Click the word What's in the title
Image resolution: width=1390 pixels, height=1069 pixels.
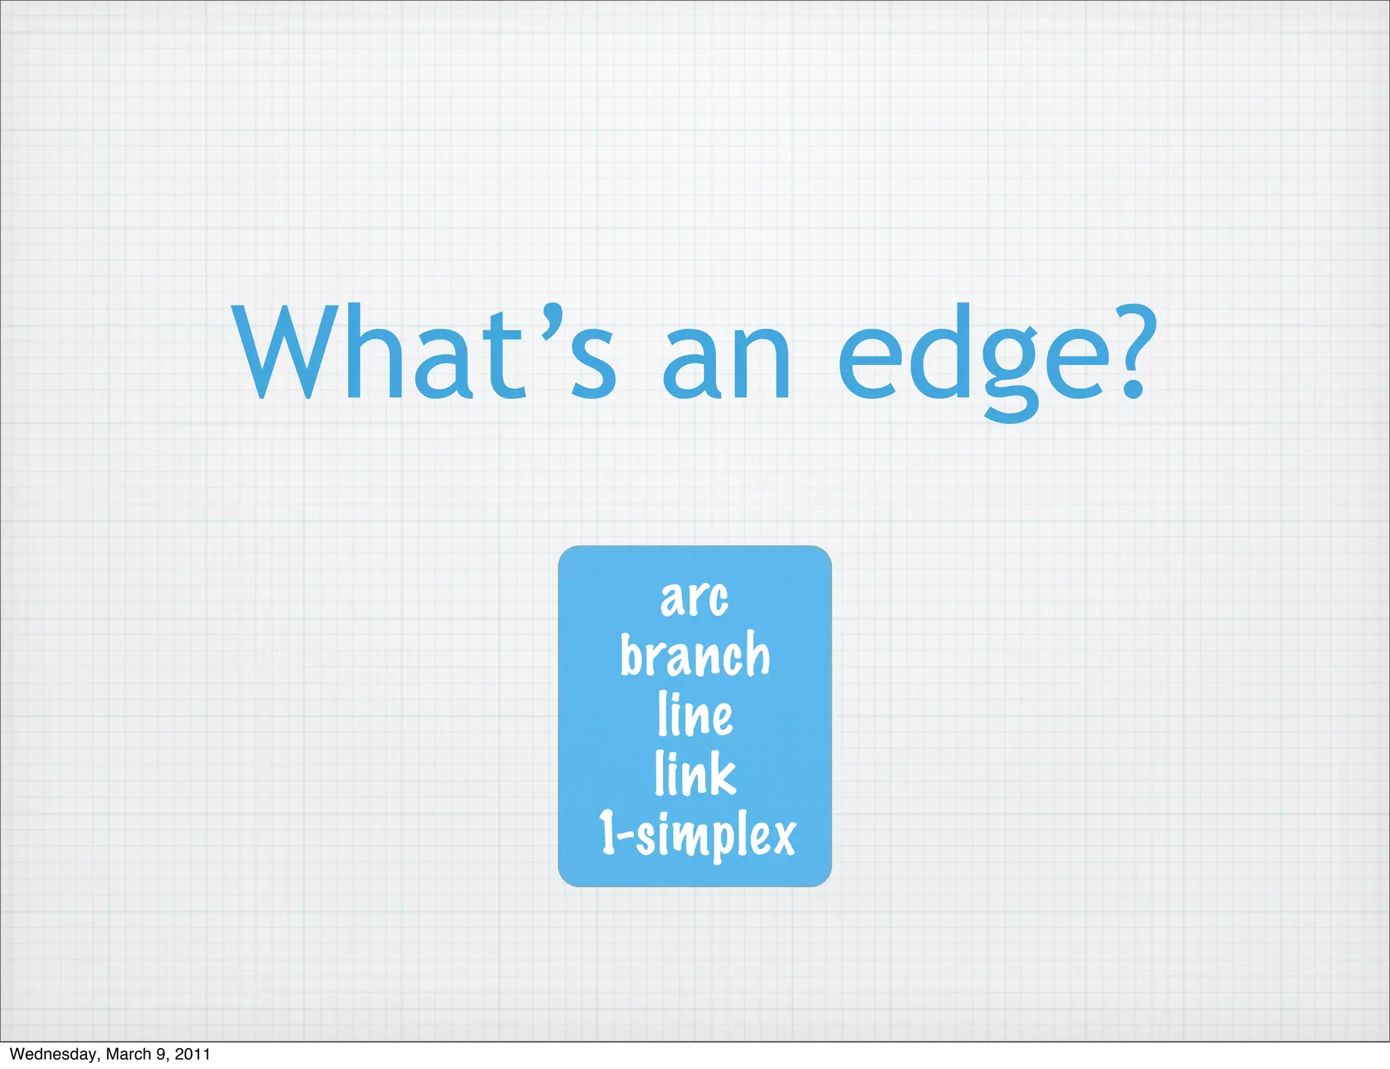pos(424,353)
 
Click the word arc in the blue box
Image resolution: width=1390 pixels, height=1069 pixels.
pos(694,598)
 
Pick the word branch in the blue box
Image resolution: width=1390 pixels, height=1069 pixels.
pos(695,655)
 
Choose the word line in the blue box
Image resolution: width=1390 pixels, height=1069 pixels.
pos(695,715)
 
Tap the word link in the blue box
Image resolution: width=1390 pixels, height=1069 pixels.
pos(695,773)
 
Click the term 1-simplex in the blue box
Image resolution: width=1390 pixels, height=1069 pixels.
pos(696,834)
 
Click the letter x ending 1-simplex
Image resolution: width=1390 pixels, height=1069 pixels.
pos(783,836)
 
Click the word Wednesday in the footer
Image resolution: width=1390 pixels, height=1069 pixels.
pos(54,1054)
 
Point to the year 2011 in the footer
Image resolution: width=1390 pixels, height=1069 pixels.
pos(193,1054)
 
